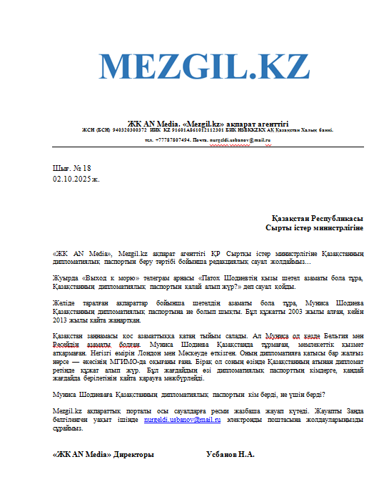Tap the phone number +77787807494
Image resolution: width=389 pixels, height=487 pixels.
pyautogui.click(x=173, y=140)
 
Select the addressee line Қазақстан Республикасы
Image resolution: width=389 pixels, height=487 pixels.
pyautogui.click(x=317, y=217)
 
